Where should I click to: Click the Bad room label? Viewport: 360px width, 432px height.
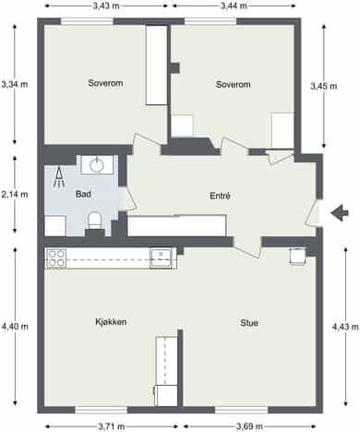coord(83,194)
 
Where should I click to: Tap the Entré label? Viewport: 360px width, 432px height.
coord(220,196)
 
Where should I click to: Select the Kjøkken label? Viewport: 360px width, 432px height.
coord(111,322)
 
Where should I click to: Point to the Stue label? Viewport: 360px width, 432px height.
coord(249,323)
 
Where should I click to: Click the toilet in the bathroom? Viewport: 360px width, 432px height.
coord(95,221)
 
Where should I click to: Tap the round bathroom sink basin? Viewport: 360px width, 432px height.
coord(97,165)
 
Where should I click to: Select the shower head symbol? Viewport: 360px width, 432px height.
coord(59,177)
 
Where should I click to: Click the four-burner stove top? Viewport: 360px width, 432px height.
coord(56,258)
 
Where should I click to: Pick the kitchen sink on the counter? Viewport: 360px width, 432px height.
coord(161,258)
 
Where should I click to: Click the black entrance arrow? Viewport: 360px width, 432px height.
coord(340,212)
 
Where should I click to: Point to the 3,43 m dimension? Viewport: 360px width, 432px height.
coord(106,6)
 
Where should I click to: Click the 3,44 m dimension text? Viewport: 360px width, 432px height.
coord(234,6)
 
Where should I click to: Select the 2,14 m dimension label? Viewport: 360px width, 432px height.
coord(15,195)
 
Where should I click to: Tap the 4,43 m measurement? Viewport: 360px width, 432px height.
coord(345,327)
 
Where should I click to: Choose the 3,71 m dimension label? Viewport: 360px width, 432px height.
coord(112,426)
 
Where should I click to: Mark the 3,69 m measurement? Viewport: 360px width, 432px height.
coord(249,426)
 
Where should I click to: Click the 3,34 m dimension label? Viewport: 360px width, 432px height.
coord(15,84)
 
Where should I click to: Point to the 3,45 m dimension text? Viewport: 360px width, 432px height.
coord(323,87)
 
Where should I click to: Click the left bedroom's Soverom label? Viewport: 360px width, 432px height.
coord(105,83)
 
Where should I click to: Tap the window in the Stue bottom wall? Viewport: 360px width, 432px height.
coord(242,410)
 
